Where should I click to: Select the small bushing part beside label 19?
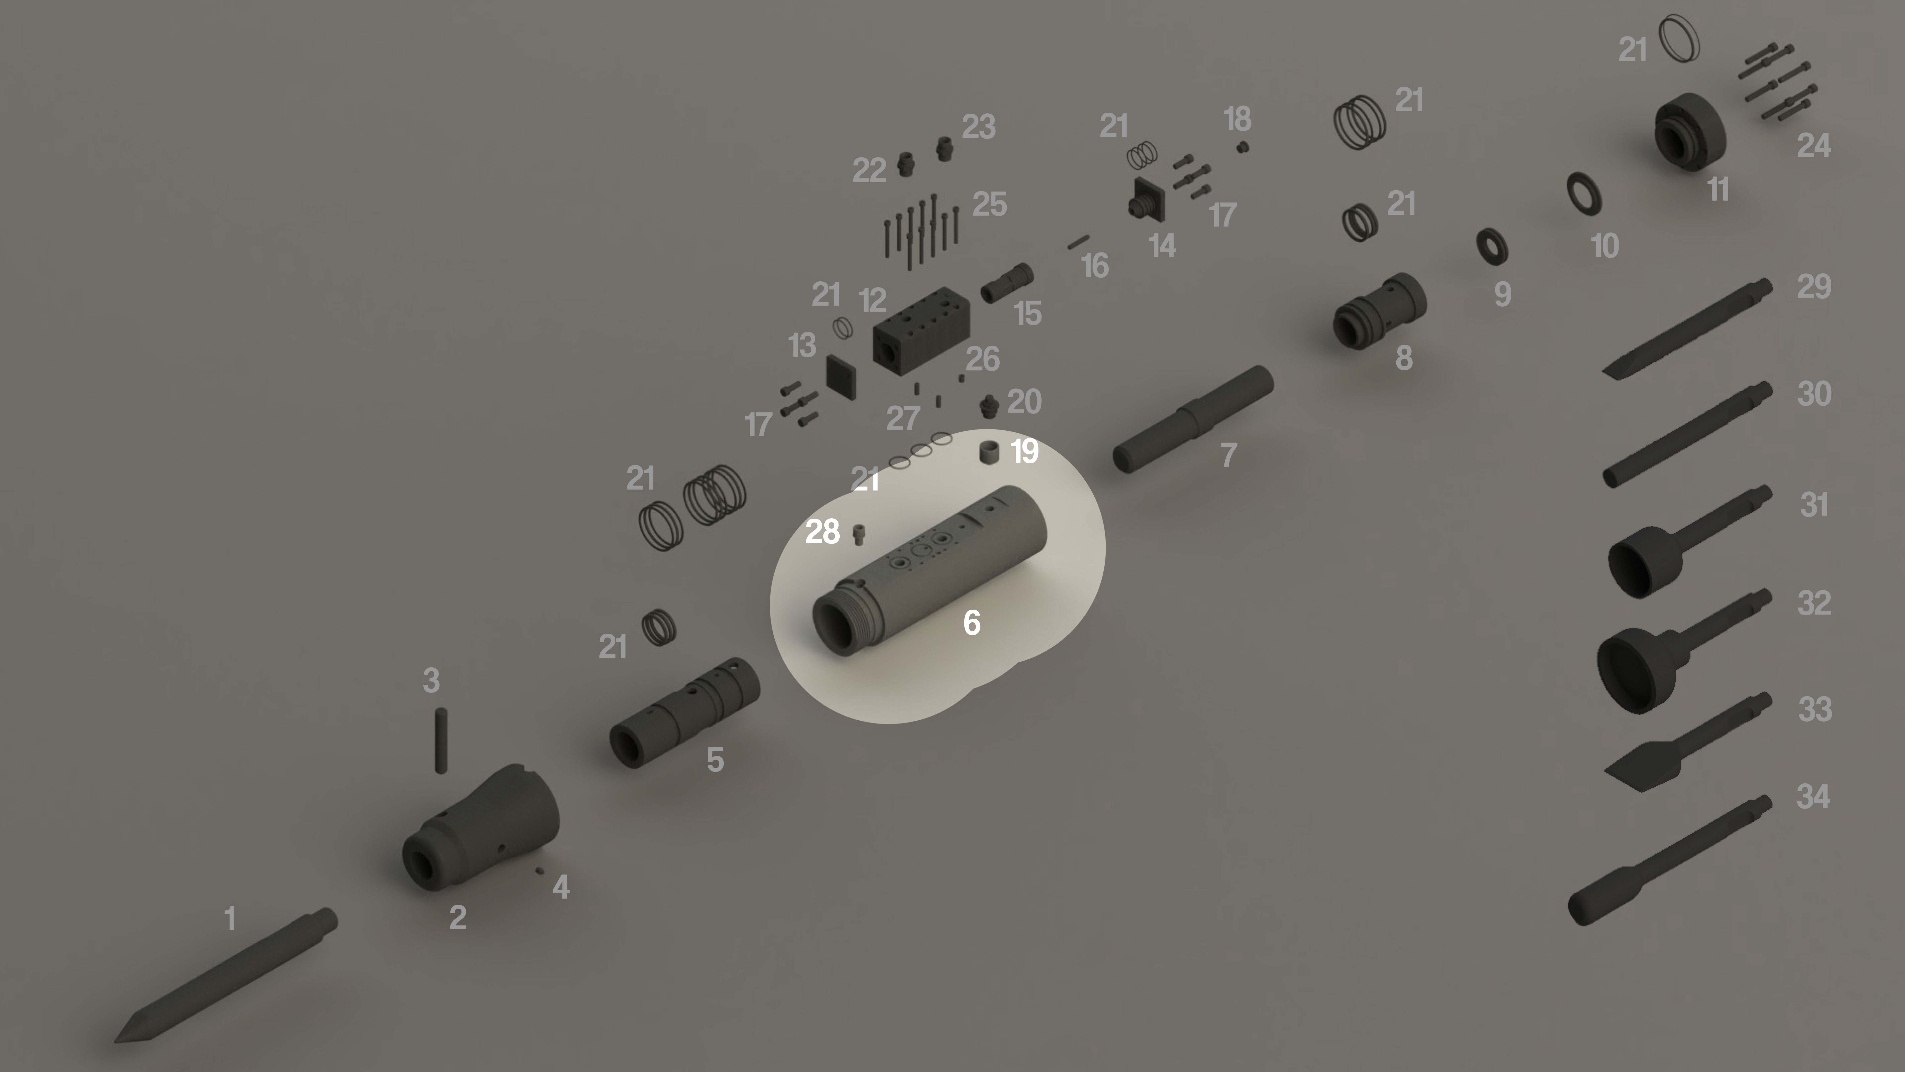coord(990,451)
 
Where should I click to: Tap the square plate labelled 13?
coord(842,377)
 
